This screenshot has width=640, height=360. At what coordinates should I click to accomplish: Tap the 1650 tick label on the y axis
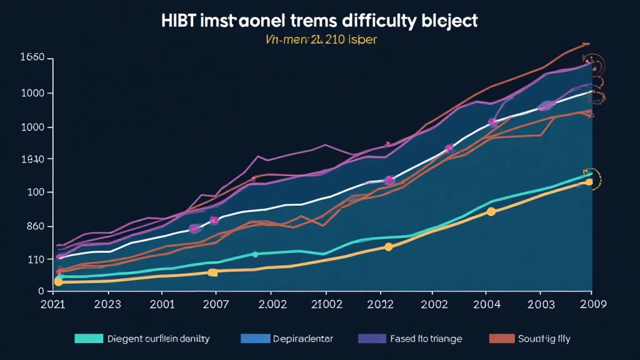coord(32,58)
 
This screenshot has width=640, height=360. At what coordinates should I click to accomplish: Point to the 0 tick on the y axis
coord(41,291)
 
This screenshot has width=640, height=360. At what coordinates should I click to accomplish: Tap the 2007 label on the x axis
coord(216,306)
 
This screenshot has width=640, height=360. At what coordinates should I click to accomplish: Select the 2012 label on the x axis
coord(380,306)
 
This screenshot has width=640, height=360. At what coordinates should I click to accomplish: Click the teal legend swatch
coord(88,339)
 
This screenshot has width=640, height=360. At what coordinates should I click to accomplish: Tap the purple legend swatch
coord(372,339)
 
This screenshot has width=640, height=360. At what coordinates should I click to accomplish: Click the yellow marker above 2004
coord(491,212)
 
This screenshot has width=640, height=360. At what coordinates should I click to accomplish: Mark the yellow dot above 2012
coord(388,247)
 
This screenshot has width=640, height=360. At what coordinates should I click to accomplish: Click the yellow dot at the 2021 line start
coord(58,282)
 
